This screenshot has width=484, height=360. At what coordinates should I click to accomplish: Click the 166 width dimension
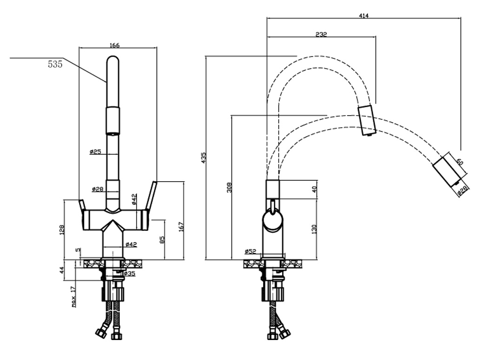tap(115, 45)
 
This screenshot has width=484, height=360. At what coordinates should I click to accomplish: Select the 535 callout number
tap(55, 65)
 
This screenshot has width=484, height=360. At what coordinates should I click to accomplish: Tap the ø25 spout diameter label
tap(96, 151)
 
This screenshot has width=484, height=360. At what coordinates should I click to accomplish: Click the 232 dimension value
tap(321, 34)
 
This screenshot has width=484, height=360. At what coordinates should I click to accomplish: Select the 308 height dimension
tap(229, 187)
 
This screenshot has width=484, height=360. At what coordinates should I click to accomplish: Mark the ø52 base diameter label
tap(251, 251)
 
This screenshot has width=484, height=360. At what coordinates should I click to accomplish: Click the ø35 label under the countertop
tap(129, 274)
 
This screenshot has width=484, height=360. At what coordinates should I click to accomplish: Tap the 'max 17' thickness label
tap(73, 297)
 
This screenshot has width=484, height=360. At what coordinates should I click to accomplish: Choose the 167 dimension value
tap(181, 226)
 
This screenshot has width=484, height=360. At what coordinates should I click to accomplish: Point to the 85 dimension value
tap(162, 241)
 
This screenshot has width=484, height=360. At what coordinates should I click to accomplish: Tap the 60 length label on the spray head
tap(459, 162)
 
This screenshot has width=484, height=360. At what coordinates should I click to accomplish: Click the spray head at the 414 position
tap(448, 171)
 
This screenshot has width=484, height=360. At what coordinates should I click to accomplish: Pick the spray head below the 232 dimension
tap(366, 120)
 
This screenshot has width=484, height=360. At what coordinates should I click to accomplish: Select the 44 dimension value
tap(62, 270)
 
